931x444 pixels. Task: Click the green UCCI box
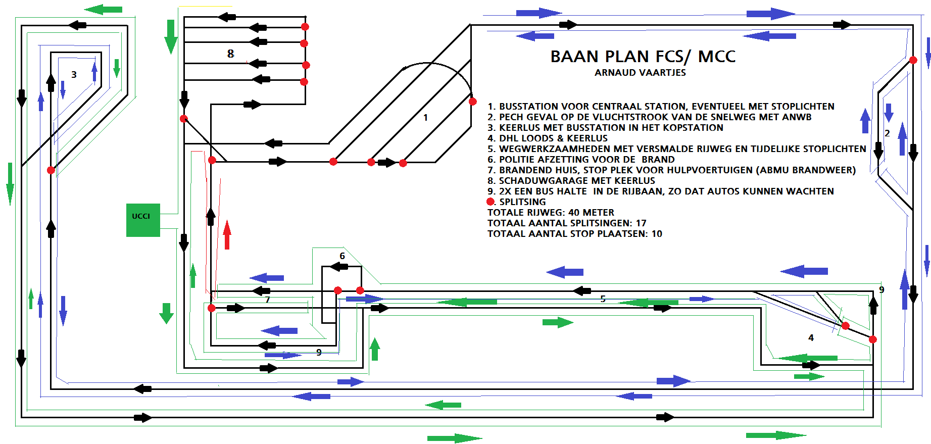[143, 220]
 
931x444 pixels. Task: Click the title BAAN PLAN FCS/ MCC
[643, 57]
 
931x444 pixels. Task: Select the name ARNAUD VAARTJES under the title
[640, 73]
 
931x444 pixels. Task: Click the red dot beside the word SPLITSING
[490, 202]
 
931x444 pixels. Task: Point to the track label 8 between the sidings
[230, 54]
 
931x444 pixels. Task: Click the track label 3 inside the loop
[74, 75]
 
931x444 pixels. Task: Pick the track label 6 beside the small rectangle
[342, 256]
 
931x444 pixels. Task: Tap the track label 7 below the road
[268, 300]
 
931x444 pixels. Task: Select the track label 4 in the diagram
[811, 338]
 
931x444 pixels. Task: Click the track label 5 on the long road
[603, 299]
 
